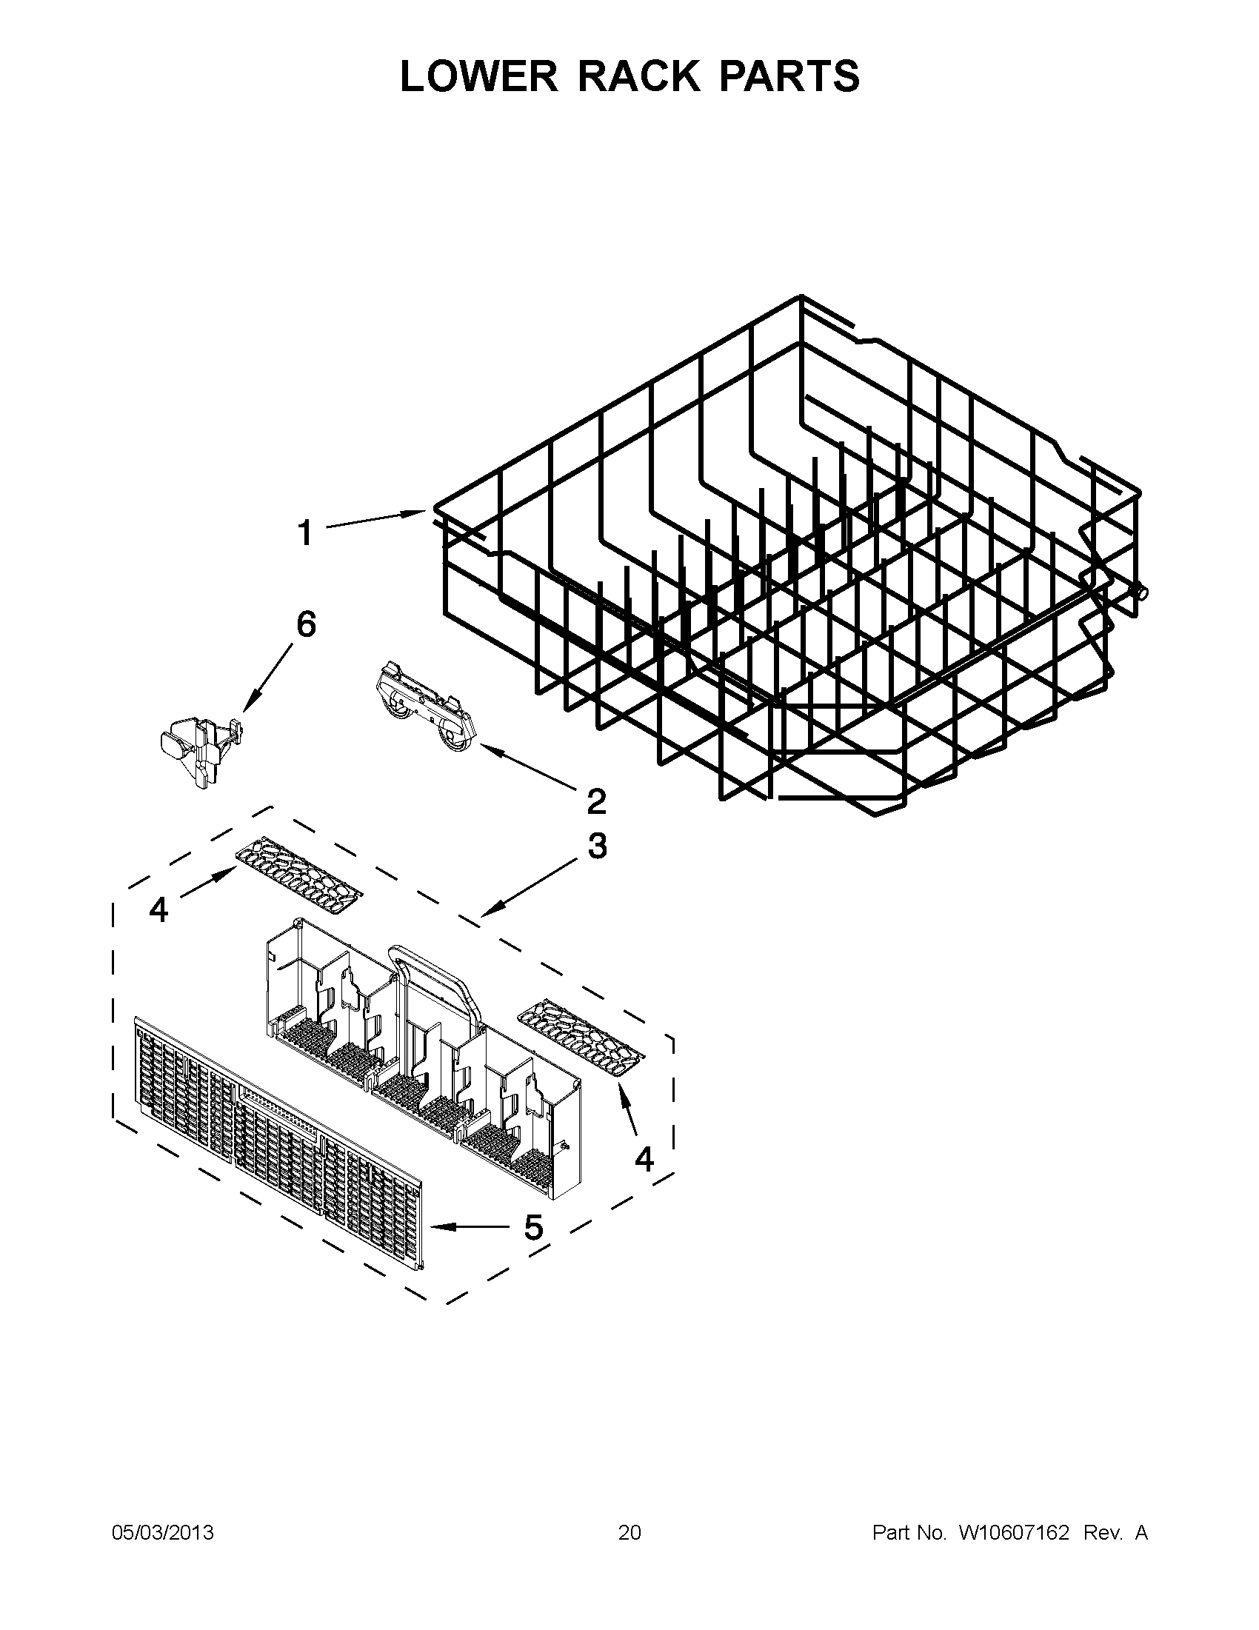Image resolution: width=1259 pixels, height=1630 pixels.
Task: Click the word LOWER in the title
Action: click(478, 76)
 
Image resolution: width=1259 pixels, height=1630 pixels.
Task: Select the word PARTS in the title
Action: click(789, 76)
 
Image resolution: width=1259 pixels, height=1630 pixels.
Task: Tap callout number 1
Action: click(304, 534)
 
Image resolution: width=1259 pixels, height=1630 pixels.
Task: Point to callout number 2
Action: click(596, 801)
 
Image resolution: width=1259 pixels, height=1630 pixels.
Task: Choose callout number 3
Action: click(597, 846)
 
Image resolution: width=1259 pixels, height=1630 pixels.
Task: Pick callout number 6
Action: click(306, 624)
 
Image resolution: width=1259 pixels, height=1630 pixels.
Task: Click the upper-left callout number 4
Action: click(158, 909)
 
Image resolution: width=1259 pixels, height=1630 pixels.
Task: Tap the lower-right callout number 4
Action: click(644, 1158)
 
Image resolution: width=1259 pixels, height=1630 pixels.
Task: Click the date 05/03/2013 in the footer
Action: click(163, 1532)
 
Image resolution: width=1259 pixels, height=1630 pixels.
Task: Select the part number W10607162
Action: click(1013, 1532)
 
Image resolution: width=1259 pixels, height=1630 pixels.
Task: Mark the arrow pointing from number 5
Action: click(470, 1226)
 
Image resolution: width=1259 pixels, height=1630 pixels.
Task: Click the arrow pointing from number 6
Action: click(269, 676)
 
